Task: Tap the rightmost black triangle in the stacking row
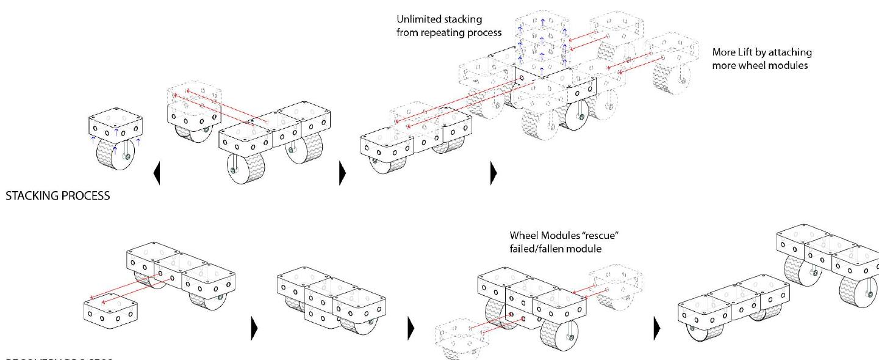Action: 493,173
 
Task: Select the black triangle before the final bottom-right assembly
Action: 656,329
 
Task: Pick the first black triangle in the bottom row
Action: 255,329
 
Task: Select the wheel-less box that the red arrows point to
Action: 110,308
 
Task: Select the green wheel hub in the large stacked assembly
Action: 581,117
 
